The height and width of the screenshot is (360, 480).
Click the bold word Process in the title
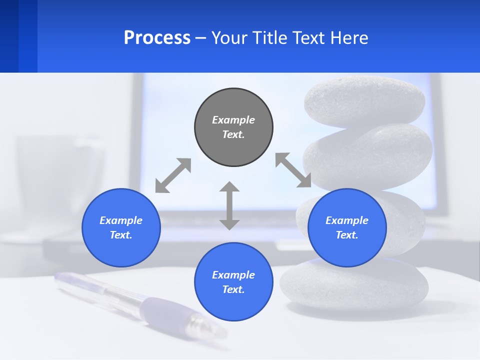pos(157,38)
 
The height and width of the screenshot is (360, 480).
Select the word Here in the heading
pos(348,38)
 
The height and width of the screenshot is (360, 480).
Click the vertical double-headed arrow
pos(229,205)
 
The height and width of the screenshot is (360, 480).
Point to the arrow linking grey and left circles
pos(173,175)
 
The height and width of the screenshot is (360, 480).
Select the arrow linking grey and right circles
pos(293,170)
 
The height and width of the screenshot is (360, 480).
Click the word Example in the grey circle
pos(233,120)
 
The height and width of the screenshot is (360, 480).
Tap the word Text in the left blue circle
pos(121,235)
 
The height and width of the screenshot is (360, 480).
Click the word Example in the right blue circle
pos(347,220)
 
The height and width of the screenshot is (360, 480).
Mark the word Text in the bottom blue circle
pos(233,289)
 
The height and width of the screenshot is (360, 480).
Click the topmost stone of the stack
pos(364,100)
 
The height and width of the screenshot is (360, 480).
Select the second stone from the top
pos(370,155)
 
